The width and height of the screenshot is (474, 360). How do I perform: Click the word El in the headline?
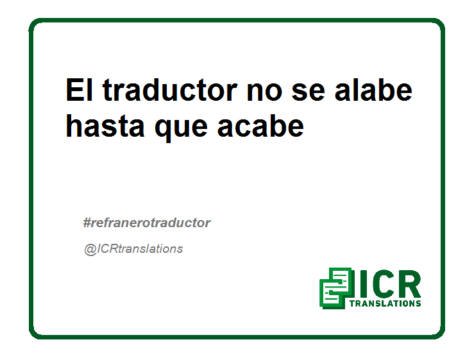point(79,90)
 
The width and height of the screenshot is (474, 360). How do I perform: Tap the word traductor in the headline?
point(170,90)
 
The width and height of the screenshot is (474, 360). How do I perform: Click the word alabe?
point(374,90)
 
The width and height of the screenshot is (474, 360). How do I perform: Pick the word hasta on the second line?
point(105,126)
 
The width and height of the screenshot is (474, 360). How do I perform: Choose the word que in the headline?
point(181,129)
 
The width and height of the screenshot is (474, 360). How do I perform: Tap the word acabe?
point(260,126)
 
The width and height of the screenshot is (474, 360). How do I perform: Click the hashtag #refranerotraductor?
point(147,223)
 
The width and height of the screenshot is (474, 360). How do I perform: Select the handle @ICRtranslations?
point(133,249)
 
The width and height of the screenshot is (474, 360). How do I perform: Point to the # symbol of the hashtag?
point(87,223)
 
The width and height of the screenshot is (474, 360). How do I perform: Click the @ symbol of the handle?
point(90,250)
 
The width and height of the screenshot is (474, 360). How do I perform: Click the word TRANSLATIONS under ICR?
point(385,304)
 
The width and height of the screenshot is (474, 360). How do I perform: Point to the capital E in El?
point(75,90)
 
